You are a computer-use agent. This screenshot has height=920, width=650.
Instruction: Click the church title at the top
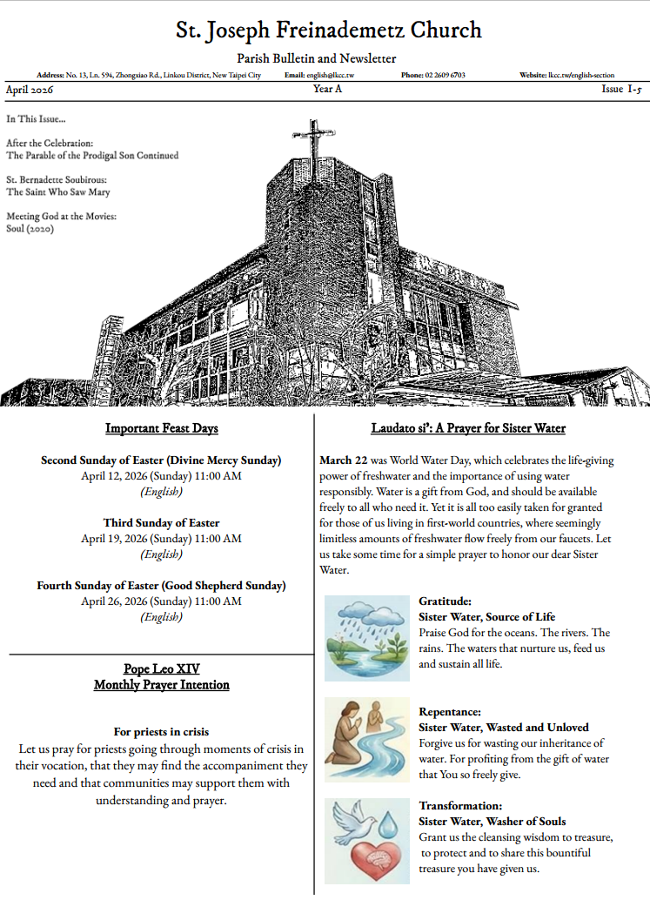pyautogui.click(x=328, y=30)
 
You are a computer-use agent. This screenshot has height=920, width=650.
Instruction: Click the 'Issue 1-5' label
pyautogui.click(x=622, y=90)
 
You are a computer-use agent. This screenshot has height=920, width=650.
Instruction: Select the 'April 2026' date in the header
pyautogui.click(x=30, y=90)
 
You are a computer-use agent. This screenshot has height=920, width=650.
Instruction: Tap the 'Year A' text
pyautogui.click(x=327, y=90)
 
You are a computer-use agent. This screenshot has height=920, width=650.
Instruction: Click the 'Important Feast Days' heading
pyautogui.click(x=161, y=428)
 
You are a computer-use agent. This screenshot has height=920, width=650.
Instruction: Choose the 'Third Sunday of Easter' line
pyautogui.click(x=161, y=523)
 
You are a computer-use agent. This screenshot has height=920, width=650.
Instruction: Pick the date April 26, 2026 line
pyautogui.click(x=161, y=601)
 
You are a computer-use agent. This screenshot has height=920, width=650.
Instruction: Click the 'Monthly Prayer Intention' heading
pyautogui.click(x=161, y=685)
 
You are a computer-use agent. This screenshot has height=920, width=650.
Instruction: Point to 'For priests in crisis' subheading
pyautogui.click(x=161, y=732)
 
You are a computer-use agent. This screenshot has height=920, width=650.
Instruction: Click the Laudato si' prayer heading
pyautogui.click(x=468, y=428)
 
